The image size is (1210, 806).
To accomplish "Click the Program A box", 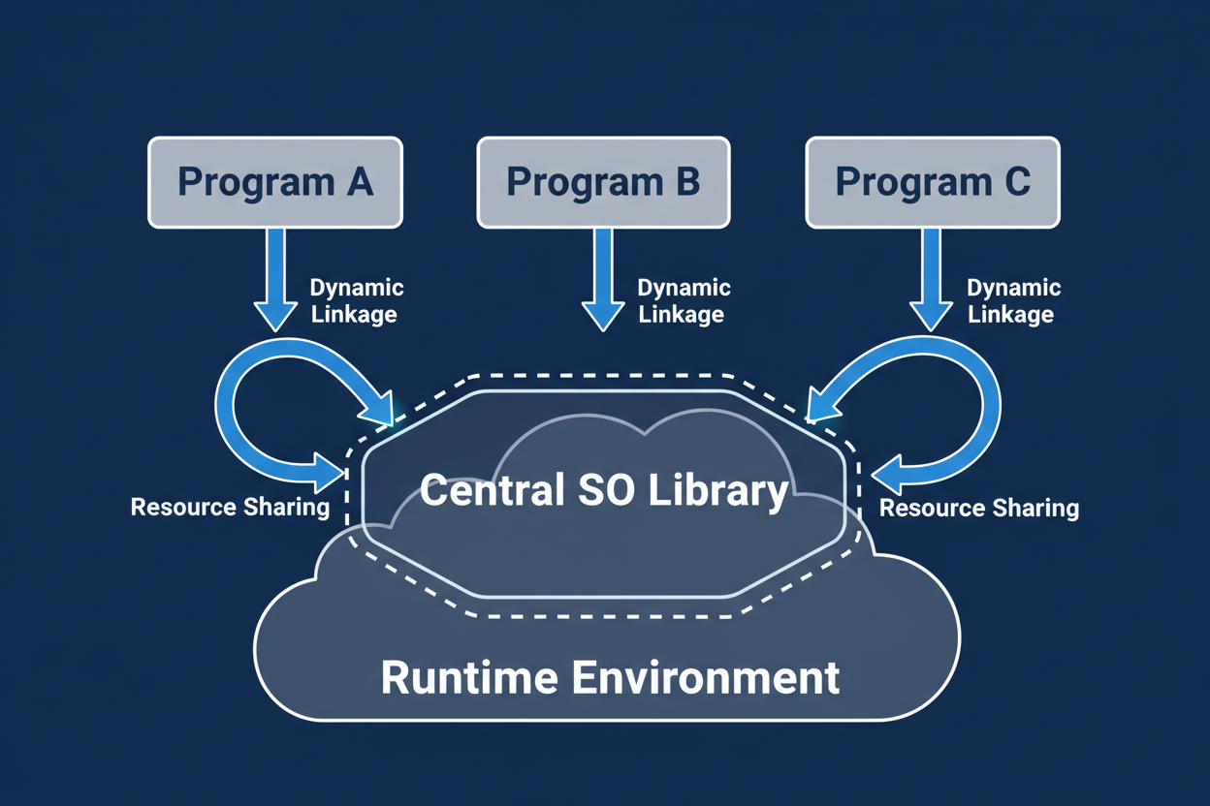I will coord(274,182).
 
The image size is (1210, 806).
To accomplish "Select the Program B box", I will coord(603,182).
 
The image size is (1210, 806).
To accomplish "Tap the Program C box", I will coord(932,182).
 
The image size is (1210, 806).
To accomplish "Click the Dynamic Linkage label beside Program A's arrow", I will coord(355,301).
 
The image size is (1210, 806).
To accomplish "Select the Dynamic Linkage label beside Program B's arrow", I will coord(684,301).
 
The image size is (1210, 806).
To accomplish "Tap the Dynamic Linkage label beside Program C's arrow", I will coord(1012,301).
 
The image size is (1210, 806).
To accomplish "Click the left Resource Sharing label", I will coord(230,508).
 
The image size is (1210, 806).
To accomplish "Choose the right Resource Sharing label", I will coord(978,508).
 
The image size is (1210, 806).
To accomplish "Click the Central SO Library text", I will coord(604,491).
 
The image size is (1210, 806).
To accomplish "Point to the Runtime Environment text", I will coord(610,677).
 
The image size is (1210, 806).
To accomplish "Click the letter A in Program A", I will coord(359,182).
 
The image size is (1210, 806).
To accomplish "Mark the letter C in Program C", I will coord(1016,182).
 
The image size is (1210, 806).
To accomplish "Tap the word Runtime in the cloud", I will coord(469,677).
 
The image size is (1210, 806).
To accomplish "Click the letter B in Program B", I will coord(687,182).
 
